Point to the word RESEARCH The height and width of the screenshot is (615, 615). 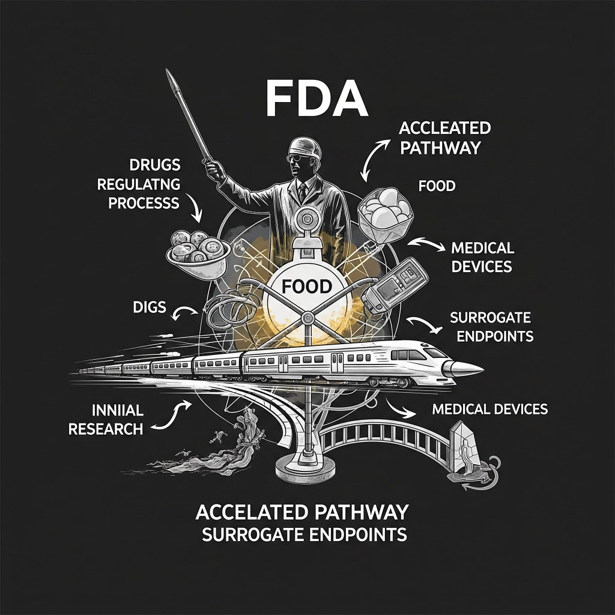click(106, 429)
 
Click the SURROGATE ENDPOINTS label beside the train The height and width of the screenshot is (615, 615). click(491, 326)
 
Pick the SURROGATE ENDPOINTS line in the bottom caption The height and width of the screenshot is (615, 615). click(304, 533)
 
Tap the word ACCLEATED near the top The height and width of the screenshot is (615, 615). click(445, 129)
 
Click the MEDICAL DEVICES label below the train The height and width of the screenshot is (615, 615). click(489, 409)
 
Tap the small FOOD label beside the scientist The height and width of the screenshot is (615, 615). click(437, 186)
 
